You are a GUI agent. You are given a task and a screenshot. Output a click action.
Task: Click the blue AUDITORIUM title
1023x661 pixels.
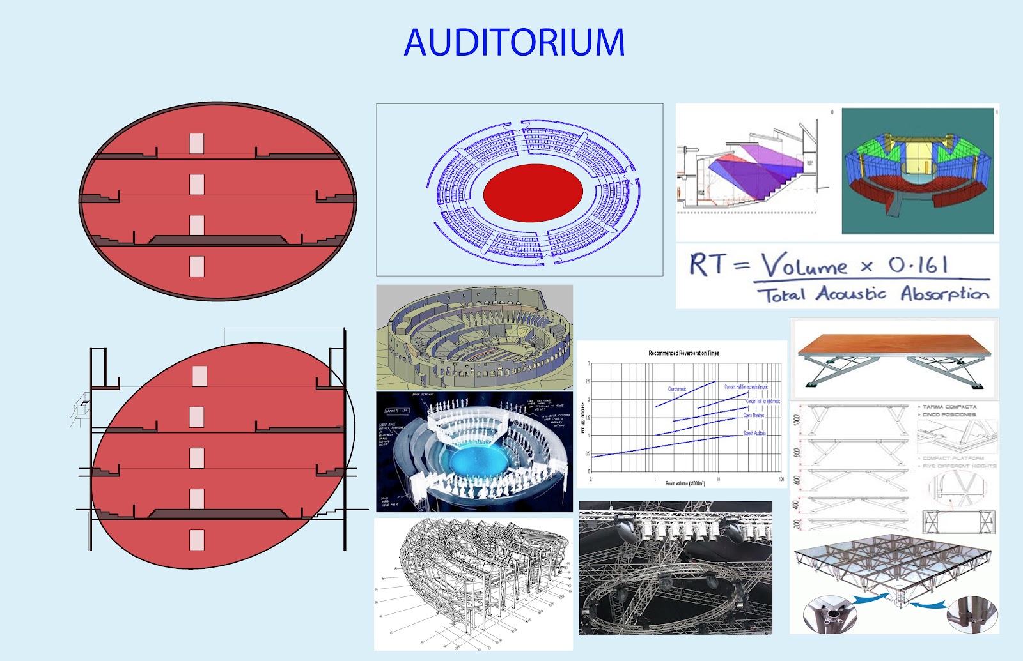coord(514,43)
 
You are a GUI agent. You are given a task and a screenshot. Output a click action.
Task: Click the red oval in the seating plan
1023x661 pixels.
coord(533,192)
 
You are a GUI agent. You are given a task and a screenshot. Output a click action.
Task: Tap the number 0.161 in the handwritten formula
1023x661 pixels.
coord(918,264)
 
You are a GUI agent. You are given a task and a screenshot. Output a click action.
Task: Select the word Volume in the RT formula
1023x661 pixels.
coord(804,265)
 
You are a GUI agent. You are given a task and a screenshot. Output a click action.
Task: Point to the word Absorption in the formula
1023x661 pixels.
coord(944,294)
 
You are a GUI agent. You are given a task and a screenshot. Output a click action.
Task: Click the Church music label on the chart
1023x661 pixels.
coord(677,389)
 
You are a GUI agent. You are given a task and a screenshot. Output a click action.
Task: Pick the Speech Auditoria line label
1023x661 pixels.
coord(754,433)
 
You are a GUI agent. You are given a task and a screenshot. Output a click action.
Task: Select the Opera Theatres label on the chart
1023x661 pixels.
coord(754,415)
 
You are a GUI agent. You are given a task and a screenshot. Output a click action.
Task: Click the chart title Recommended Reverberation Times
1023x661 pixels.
coord(683,353)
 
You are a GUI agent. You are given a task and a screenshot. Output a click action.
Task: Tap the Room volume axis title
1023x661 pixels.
coord(685,483)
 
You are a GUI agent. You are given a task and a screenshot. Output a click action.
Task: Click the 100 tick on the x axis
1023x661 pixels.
coord(781,478)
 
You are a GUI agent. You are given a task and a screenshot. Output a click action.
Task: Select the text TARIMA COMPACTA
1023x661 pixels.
coord(949,407)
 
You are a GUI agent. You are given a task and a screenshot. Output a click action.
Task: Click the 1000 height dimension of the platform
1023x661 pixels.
coord(797,420)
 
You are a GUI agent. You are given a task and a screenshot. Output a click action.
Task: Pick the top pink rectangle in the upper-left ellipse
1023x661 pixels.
coord(196,143)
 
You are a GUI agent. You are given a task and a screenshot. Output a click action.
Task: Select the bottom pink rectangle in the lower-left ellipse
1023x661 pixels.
coord(197,540)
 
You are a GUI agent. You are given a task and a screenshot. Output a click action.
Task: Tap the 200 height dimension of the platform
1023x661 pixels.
coord(797,524)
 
